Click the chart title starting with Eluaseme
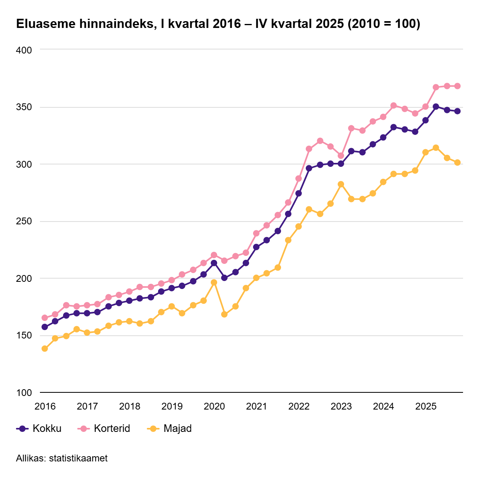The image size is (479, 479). coord(218,24)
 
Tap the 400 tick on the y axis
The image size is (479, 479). coord(24,50)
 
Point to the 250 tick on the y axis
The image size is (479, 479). coord(24,222)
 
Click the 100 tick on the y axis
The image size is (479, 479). coord(24,393)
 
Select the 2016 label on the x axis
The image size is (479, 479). coord(45,407)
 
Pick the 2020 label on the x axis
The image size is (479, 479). coord(214,407)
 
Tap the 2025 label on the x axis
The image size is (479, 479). coord(426,407)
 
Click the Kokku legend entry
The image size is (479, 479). coord(39,429)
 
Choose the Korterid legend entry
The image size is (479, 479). coord(105,429)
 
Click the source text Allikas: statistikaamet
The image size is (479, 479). coord(62,458)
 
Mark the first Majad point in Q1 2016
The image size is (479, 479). coord(45,348)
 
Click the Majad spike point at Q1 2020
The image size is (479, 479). coord(214,282)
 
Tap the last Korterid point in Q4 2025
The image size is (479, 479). coord(457,86)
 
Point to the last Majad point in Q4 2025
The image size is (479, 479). coord(457,162)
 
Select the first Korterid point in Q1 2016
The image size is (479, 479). coord(45,318)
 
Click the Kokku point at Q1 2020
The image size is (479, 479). coord(214,263)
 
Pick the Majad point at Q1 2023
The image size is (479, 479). coord(341,184)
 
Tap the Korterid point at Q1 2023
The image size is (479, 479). coord(341,156)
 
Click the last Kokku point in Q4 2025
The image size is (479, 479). coord(457,111)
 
